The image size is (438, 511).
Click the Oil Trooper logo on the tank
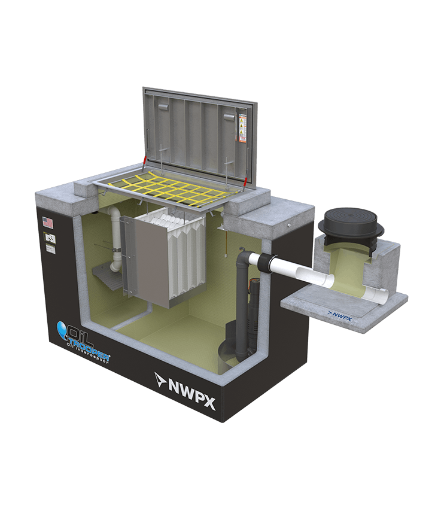tap(84, 337)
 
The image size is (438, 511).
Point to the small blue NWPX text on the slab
tap(339, 312)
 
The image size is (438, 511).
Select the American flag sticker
tap(48, 223)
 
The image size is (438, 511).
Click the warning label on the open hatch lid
tap(243, 127)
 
